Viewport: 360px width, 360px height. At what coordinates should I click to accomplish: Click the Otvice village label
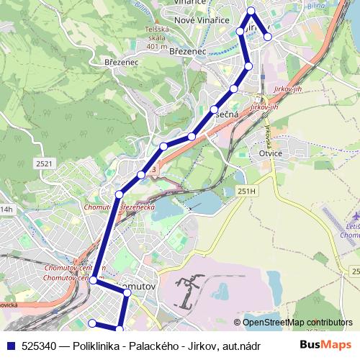click(271, 153)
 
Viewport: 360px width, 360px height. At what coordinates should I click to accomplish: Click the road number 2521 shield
click(45, 163)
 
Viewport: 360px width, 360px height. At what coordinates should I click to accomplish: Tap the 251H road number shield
click(246, 192)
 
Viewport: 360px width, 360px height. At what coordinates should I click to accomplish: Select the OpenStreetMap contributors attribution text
click(293, 323)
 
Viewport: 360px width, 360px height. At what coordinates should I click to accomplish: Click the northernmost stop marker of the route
click(251, 10)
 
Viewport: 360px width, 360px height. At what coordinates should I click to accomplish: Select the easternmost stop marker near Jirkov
click(267, 36)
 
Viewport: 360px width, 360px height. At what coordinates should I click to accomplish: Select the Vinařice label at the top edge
click(191, 3)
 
